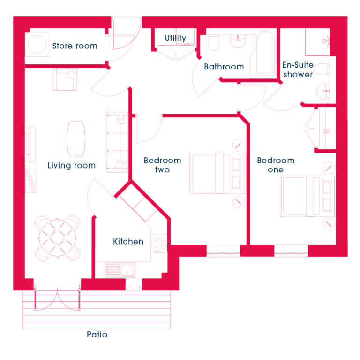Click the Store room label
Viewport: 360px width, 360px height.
[75, 46]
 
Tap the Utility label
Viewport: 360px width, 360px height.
[175, 38]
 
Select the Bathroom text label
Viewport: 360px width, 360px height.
[224, 67]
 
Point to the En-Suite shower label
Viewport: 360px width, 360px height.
[298, 69]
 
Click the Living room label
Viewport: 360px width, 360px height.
[72, 166]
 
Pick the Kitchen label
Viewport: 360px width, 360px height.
[128, 241]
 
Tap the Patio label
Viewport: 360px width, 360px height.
[97, 335]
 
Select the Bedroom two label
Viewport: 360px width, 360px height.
[163, 165]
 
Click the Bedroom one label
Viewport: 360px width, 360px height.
[276, 165]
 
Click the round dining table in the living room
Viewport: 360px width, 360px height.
[57, 238]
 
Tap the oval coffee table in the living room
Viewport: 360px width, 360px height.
[76, 139]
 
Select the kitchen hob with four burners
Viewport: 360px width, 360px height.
[159, 243]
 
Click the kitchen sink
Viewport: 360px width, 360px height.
[120, 270]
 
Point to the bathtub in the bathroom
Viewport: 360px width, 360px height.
[266, 54]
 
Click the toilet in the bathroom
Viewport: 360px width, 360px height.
[214, 42]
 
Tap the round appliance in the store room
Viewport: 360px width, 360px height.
[37, 44]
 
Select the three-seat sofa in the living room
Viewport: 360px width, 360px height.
[117, 142]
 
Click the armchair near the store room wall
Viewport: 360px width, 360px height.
[65, 79]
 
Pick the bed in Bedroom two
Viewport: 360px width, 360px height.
[217, 174]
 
